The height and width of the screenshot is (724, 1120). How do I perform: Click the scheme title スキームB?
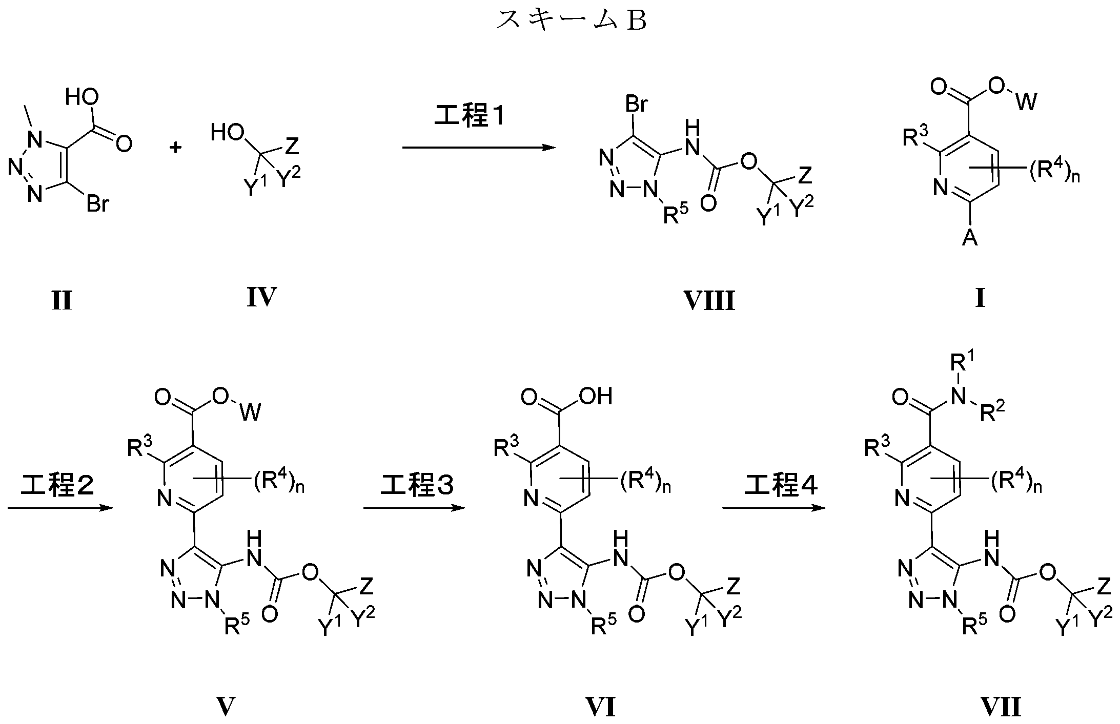tap(571, 20)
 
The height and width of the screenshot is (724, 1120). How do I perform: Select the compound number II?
tap(62, 300)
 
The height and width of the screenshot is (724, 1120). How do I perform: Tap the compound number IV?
tap(261, 298)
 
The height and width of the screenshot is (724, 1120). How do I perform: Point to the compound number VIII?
tap(709, 301)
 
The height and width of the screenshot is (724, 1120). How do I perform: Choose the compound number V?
tap(226, 707)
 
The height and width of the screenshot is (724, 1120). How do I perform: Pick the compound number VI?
tap(600, 707)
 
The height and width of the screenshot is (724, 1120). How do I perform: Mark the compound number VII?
tap(1001, 707)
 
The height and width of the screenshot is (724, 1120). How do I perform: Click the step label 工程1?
tap(470, 117)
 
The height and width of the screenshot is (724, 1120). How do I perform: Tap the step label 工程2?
tap(57, 485)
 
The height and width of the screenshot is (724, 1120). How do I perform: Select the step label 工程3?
tap(417, 485)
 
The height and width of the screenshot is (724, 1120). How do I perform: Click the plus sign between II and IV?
tap(176, 148)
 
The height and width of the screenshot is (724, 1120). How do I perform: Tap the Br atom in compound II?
tap(97, 204)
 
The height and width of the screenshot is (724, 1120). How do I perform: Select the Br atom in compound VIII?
tap(637, 105)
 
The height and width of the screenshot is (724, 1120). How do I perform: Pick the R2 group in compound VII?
tap(992, 411)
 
